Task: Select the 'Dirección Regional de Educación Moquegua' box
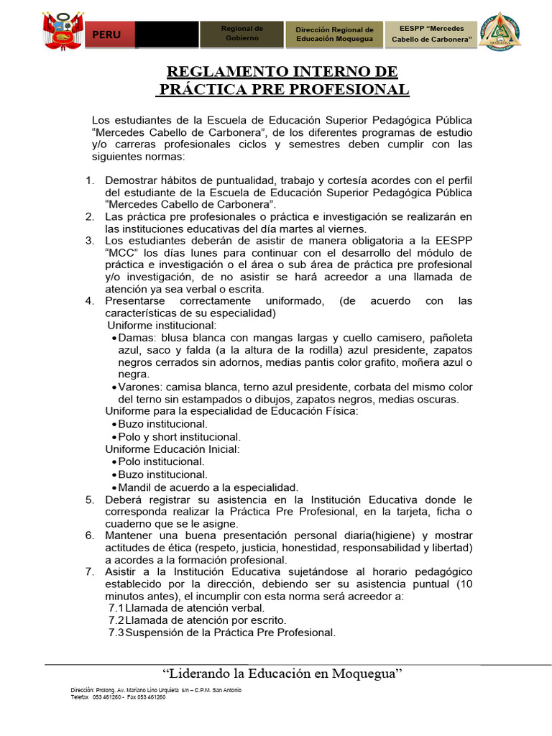pos(334,34)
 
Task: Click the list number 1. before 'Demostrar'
pos(90,180)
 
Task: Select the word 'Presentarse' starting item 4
pos(135,301)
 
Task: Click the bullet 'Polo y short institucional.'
pos(180,436)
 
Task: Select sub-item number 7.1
pos(116,607)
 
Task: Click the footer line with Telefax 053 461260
pos(118,696)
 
